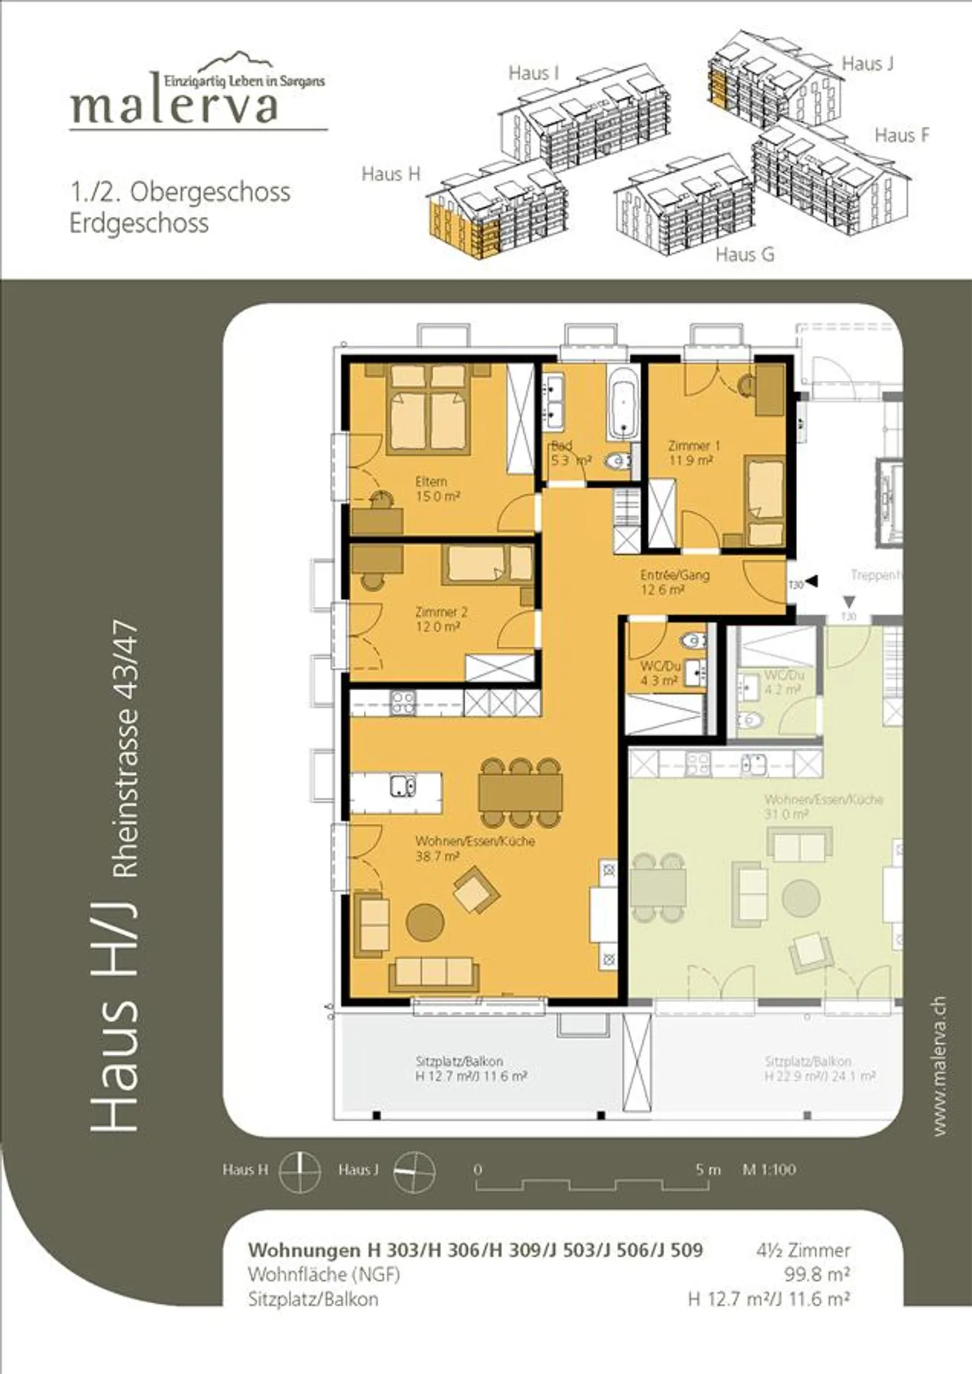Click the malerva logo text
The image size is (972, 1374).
(174, 105)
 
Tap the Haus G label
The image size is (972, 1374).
(745, 255)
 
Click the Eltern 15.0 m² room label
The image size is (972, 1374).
(437, 489)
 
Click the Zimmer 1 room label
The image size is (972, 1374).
(693, 452)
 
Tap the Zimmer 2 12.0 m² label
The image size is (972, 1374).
(440, 619)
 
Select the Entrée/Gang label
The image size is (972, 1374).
(674, 581)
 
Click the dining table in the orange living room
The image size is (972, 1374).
(520, 792)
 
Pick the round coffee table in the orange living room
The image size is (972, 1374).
(425, 922)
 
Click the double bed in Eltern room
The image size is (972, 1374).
(429, 408)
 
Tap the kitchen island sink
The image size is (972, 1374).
(403, 786)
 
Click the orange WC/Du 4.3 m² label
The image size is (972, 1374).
(659, 673)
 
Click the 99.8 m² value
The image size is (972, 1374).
(816, 1274)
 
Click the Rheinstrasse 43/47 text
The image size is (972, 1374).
(126, 749)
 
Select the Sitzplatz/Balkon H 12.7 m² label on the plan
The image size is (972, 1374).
(470, 1069)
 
